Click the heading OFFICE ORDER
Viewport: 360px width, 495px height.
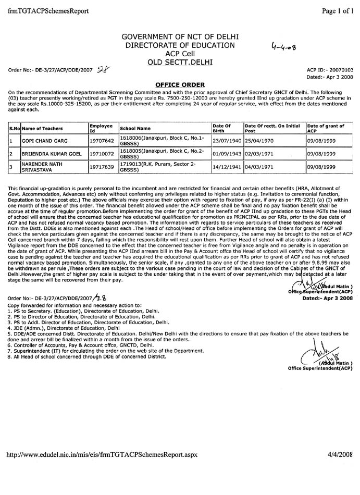[x=180, y=84]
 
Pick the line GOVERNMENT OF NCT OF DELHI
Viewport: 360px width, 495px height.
[x=180, y=36]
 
